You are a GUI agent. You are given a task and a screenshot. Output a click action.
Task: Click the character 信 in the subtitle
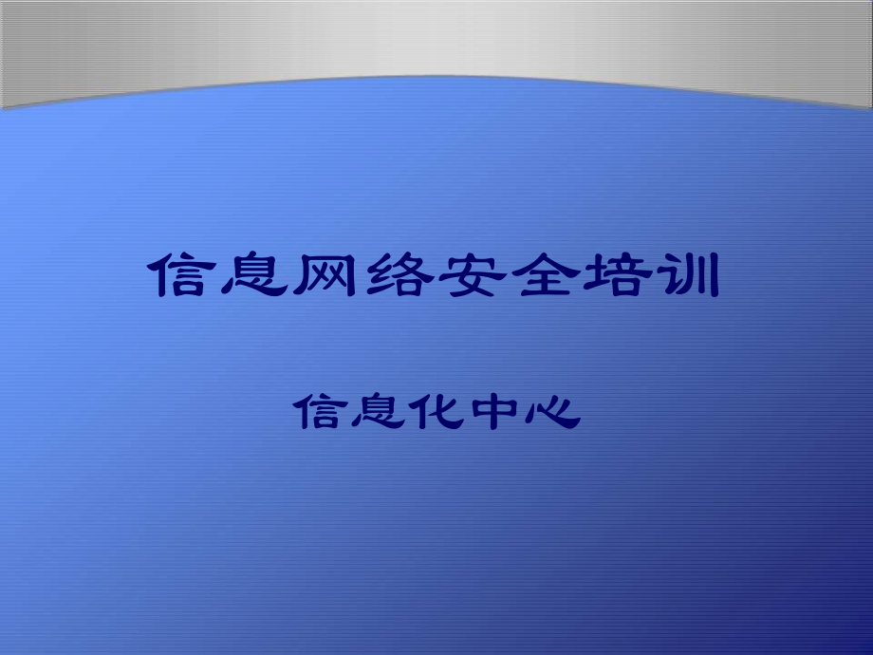tap(319, 413)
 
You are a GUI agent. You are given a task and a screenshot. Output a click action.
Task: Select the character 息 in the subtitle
tap(377, 413)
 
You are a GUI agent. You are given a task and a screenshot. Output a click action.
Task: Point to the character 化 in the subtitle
tap(436, 413)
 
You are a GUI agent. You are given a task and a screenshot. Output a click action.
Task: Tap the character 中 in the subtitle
tap(494, 413)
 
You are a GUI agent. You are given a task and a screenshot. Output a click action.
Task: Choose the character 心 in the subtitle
tap(552, 413)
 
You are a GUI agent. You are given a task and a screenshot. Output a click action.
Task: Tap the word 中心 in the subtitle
tap(524, 413)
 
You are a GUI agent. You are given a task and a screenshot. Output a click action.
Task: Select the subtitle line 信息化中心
tap(436, 413)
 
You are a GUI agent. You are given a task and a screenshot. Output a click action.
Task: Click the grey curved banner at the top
tap(436, 38)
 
